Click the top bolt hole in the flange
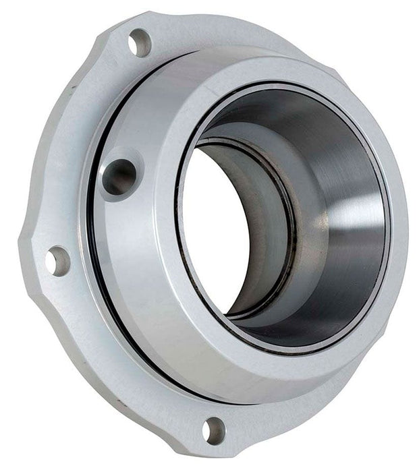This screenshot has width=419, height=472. [140, 42]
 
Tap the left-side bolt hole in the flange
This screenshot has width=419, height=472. [58, 260]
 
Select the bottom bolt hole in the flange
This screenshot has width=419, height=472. [215, 429]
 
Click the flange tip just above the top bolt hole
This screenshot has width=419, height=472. [135, 20]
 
